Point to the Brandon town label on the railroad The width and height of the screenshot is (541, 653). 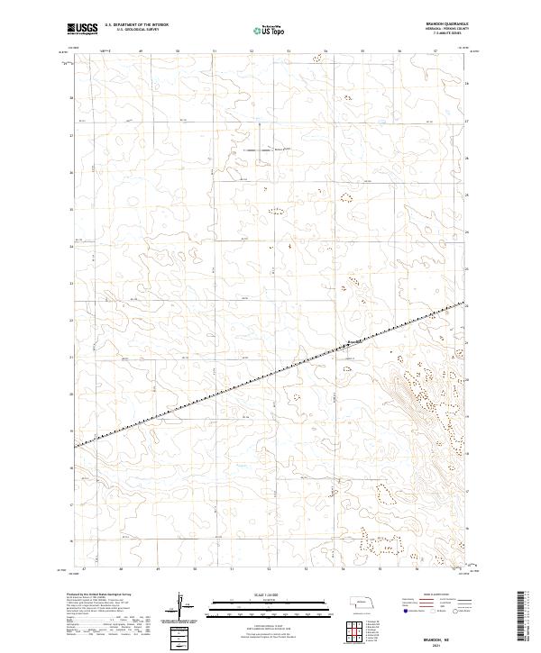coord(354,341)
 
